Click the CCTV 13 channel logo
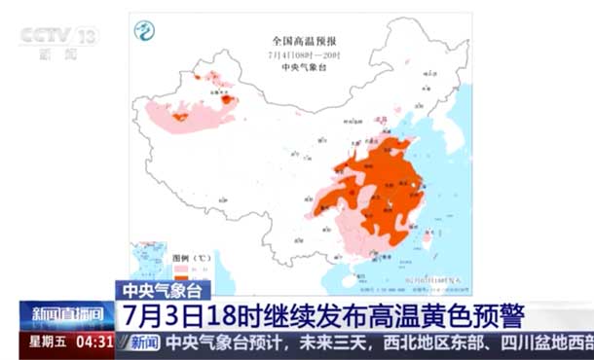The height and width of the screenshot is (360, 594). point(59,37)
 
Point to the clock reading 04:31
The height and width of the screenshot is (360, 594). point(93,342)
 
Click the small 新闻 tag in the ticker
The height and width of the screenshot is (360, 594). point(143,342)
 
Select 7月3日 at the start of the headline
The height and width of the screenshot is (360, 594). point(162,315)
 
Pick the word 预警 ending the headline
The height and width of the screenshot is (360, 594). point(501,315)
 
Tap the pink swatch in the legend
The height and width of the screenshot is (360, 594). point(179,268)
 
